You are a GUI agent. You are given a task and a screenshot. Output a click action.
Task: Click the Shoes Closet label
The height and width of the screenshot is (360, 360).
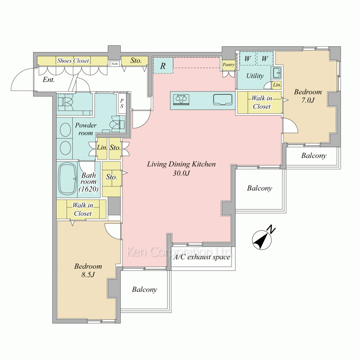click(x=73, y=60)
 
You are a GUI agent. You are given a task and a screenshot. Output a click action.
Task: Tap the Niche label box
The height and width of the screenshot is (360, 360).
click(x=114, y=64)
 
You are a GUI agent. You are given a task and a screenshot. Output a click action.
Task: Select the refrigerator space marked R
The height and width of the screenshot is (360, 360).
click(x=163, y=66)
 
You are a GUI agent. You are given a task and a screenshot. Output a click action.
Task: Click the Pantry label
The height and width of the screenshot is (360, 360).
click(x=229, y=65)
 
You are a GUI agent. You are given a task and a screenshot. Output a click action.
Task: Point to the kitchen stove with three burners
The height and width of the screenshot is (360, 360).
click(x=181, y=100)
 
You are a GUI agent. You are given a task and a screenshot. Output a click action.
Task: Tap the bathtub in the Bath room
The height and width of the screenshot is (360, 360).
click(x=68, y=179)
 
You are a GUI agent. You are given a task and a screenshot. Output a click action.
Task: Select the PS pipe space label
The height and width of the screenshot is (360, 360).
click(x=122, y=103)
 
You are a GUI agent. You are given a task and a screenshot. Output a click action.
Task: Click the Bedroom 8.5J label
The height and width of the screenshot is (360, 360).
click(x=88, y=270)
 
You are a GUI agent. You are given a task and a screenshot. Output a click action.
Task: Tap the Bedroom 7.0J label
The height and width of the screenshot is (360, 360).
click(x=308, y=96)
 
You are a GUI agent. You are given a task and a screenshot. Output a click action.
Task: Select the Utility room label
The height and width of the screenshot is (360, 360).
click(x=255, y=76)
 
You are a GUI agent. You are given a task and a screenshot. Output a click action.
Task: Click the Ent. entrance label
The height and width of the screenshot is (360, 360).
click(x=49, y=80)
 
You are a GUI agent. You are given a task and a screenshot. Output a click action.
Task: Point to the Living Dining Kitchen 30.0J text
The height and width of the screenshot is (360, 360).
click(x=181, y=168)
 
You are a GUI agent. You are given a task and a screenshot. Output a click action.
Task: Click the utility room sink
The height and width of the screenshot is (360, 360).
click(x=276, y=73)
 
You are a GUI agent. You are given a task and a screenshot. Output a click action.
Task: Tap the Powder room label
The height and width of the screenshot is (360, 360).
click(x=86, y=129)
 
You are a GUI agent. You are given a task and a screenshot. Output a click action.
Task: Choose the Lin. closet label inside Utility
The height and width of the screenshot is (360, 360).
click(x=277, y=85)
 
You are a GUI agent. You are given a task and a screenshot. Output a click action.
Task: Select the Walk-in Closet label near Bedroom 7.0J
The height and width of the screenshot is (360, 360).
click(x=262, y=102)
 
